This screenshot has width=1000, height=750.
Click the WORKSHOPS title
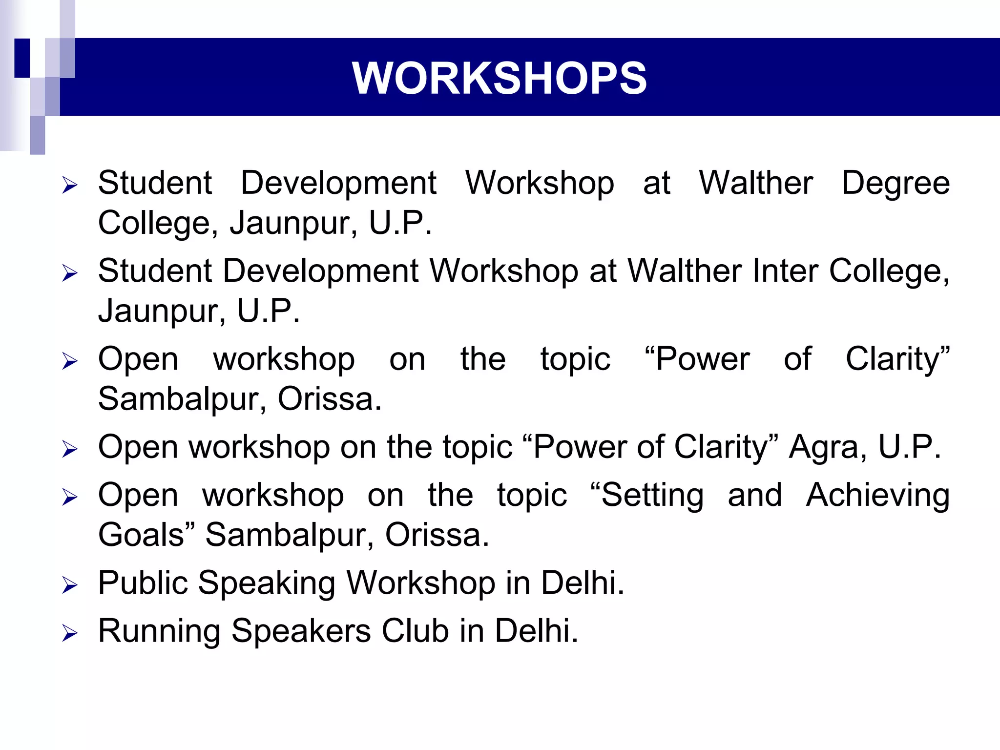pos(499,78)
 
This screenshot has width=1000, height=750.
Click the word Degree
pos(896,183)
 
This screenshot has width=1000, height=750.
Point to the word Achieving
pos(877,496)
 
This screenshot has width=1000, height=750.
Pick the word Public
pos(143,583)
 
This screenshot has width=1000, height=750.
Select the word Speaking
pos(267,583)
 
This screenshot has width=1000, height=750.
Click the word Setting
pos(647,496)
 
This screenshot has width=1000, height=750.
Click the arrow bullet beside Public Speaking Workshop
pos(70,585)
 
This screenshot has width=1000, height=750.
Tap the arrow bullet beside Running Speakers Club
pos(70,633)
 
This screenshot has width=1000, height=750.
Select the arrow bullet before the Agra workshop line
pos(70,449)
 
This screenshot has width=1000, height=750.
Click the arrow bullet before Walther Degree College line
pos(70,186)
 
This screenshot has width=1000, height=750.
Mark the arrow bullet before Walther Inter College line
pos(70,273)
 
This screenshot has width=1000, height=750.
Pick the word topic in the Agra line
pos(478,447)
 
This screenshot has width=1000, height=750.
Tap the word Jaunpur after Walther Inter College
pos(162,311)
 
